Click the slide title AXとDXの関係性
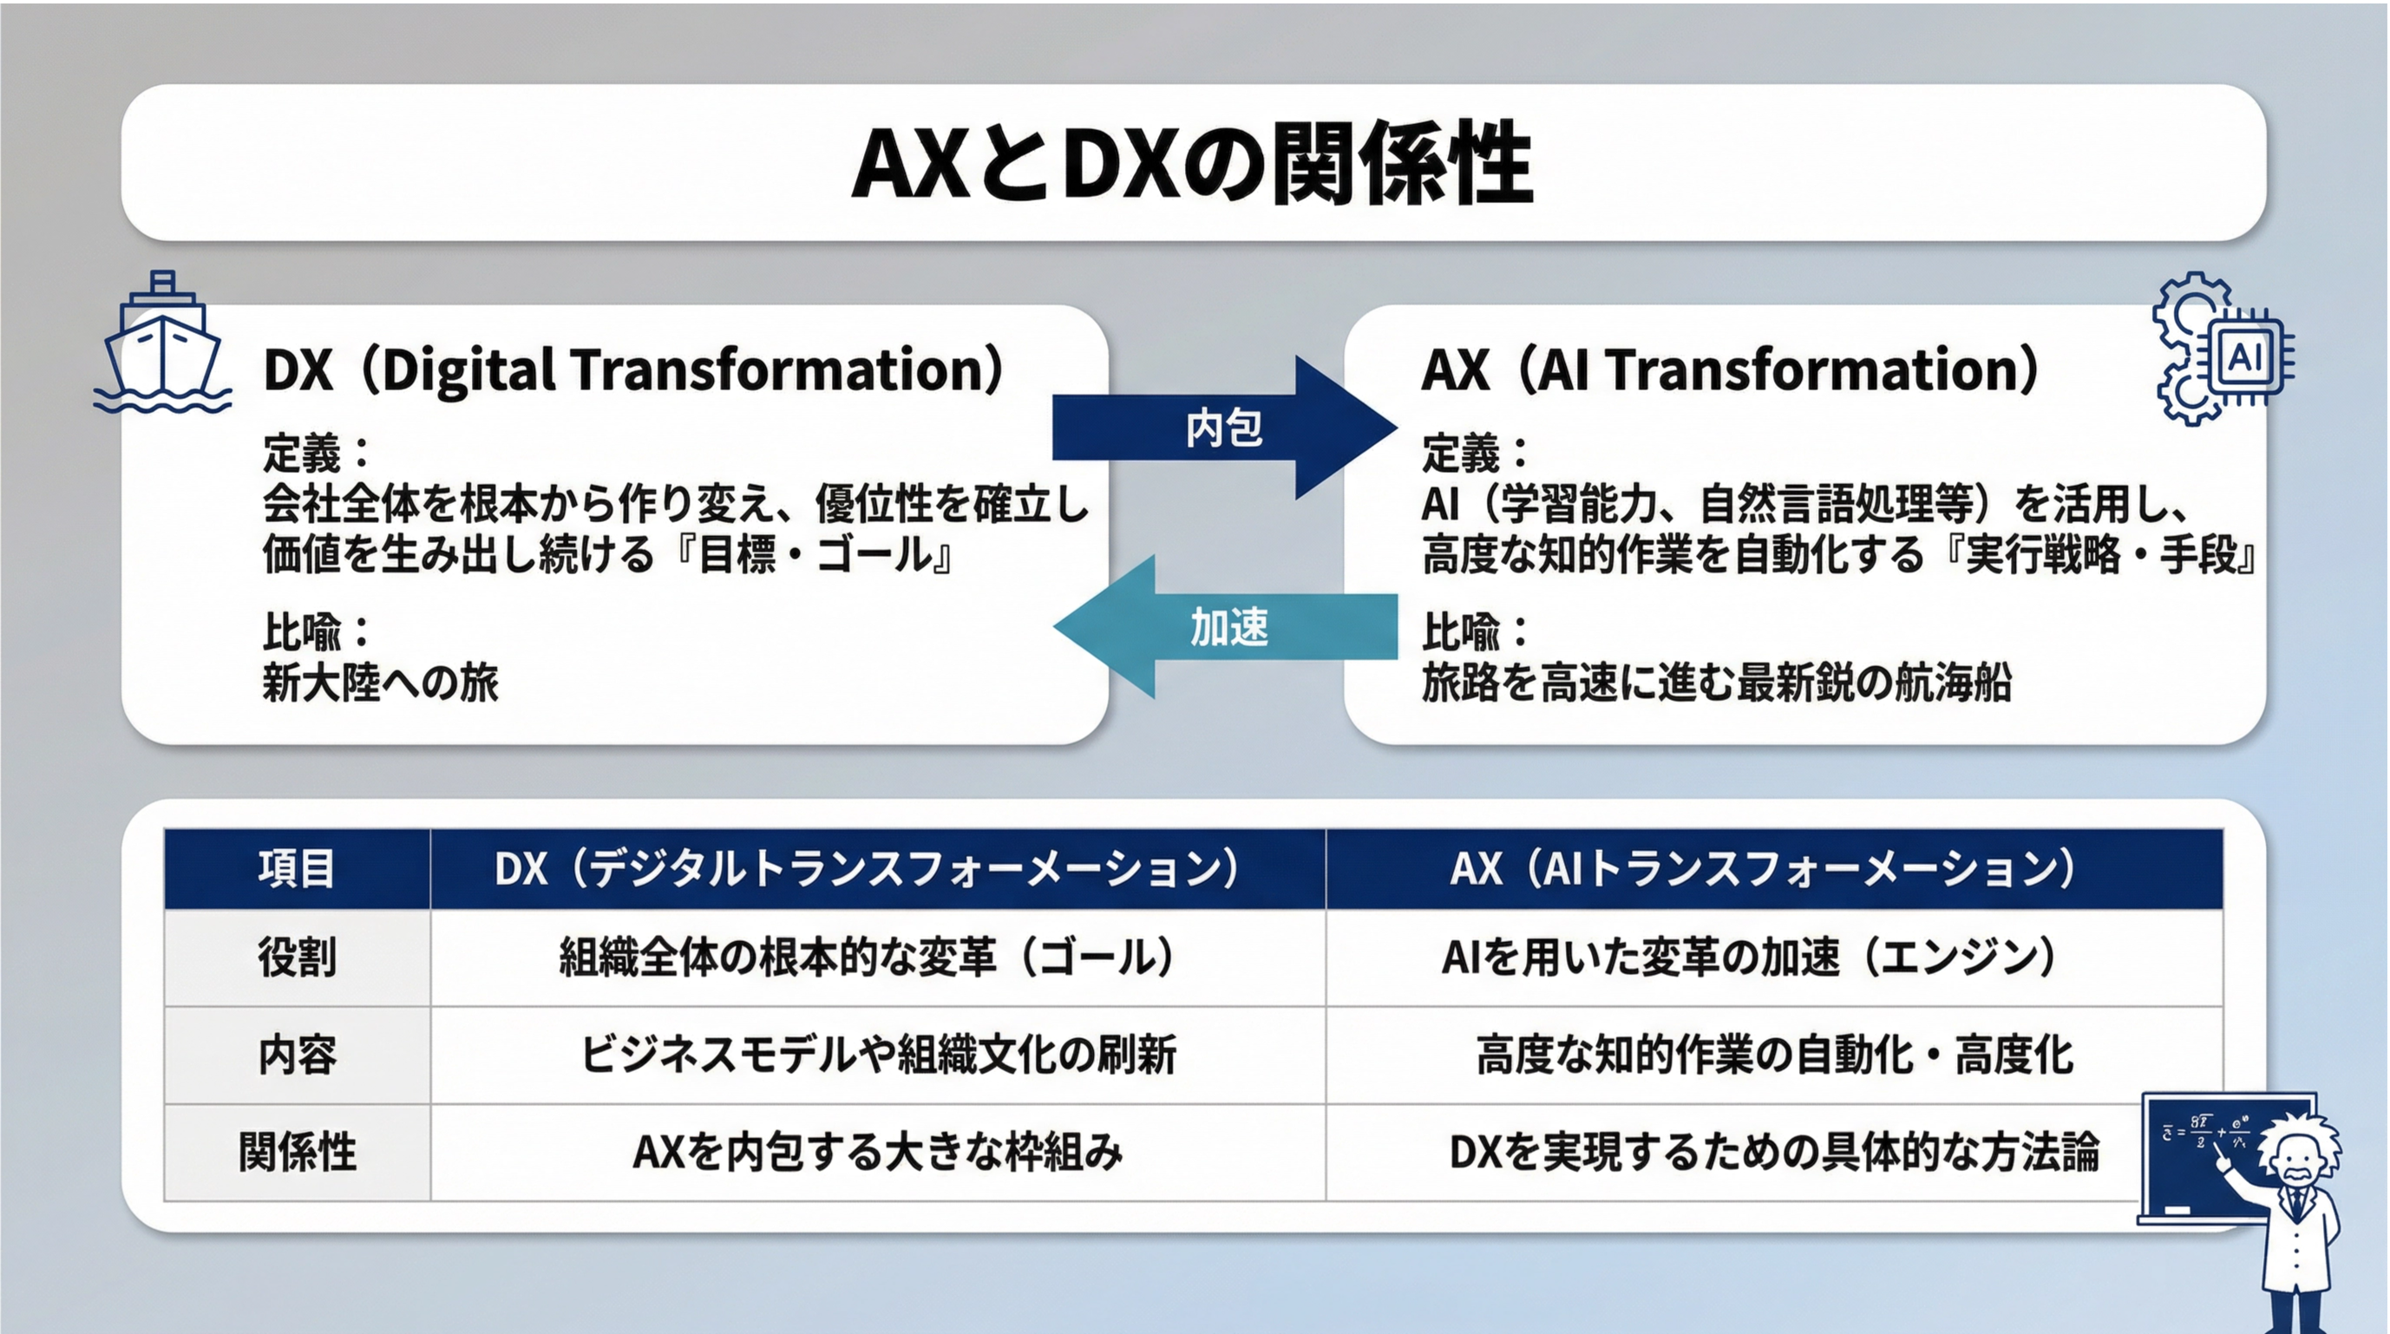click(x=1192, y=163)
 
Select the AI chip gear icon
click(x=2223, y=349)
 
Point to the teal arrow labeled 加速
click(x=1225, y=627)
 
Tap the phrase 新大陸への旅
click(x=380, y=683)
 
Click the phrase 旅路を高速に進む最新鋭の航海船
click(x=1717, y=683)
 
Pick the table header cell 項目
click(x=297, y=868)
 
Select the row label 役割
click(x=297, y=958)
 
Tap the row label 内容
click(x=297, y=1055)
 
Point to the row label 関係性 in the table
click(x=297, y=1152)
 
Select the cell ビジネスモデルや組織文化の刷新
click(x=878, y=1055)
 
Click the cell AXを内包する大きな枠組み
click(x=878, y=1152)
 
